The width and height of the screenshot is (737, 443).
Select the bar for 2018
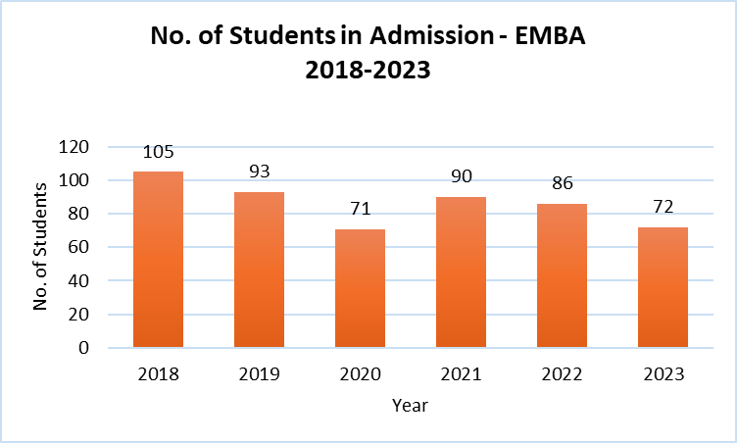(x=158, y=260)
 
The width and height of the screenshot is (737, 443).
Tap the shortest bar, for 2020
(x=360, y=288)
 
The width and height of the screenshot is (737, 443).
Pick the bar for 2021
(x=461, y=272)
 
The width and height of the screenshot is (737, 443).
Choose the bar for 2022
(x=562, y=275)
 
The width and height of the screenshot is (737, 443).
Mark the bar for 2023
(x=663, y=287)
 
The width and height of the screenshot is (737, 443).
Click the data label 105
(x=158, y=152)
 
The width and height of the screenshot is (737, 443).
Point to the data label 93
(x=259, y=172)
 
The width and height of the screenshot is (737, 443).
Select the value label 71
(x=360, y=209)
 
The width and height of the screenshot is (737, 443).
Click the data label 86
(x=562, y=183)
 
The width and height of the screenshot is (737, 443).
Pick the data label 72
(x=663, y=207)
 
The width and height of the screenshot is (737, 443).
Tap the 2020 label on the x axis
(x=360, y=374)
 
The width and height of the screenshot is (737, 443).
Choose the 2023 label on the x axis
(x=663, y=374)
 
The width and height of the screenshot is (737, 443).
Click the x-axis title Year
(x=410, y=404)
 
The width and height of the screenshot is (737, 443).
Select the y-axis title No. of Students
(x=41, y=247)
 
